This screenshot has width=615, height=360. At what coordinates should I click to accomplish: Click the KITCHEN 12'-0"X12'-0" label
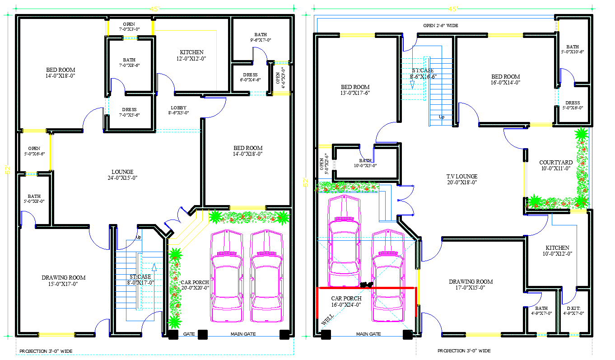[191, 55]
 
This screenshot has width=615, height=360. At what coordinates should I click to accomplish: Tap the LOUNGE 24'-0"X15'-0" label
[122, 175]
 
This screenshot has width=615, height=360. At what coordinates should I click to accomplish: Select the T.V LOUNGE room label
[462, 179]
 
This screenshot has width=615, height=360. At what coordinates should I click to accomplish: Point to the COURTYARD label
[556, 165]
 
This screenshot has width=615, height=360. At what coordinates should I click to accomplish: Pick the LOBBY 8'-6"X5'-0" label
[178, 110]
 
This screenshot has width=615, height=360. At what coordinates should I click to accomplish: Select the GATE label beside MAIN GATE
[189, 334]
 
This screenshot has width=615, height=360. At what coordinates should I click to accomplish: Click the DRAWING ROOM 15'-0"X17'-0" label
[64, 281]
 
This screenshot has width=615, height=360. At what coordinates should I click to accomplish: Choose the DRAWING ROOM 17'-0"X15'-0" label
[471, 285]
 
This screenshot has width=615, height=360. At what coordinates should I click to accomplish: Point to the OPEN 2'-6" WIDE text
[440, 26]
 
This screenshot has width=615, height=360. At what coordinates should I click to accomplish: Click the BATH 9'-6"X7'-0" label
[260, 37]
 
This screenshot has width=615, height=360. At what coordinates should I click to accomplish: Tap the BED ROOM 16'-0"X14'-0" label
[505, 79]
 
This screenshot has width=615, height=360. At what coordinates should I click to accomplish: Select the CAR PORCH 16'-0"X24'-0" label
[346, 301]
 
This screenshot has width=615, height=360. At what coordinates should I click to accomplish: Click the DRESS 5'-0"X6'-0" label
[573, 105]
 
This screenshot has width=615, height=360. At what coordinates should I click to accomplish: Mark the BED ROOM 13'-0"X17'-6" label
[355, 90]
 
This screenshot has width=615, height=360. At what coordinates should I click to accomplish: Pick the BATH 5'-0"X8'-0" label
[34, 199]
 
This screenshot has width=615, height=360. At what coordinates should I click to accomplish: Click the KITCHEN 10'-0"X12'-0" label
[557, 251]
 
